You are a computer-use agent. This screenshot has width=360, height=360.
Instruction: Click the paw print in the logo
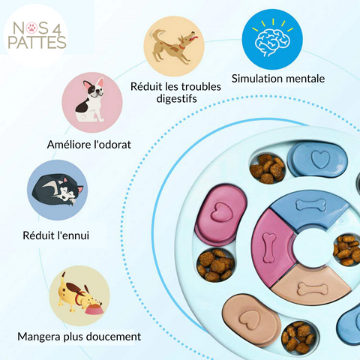click(x=32, y=28)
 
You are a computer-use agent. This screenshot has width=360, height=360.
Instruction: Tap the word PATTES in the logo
click(x=37, y=43)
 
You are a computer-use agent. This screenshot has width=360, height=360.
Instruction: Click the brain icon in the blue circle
click(x=272, y=41)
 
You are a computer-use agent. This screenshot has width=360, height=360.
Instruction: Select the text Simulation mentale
click(x=278, y=79)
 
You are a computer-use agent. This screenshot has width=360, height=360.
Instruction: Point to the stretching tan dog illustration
click(x=175, y=46)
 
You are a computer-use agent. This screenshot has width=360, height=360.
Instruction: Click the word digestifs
click(x=176, y=98)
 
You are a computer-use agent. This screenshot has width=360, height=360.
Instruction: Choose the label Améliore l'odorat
click(x=89, y=145)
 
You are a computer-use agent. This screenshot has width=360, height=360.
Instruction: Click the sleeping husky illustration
click(x=58, y=190)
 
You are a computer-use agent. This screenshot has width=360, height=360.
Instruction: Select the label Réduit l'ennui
click(x=55, y=235)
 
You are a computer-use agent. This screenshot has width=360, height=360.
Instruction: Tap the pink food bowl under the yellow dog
click(x=94, y=310)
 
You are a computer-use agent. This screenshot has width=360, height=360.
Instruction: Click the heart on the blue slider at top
click(x=320, y=159)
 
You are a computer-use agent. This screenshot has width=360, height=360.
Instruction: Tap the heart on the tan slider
click(x=250, y=321)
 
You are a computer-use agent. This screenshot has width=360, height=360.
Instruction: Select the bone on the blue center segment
click(x=311, y=205)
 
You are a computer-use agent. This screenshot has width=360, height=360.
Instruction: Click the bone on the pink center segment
click(x=269, y=247)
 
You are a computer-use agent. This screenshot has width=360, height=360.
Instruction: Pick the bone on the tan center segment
click(x=313, y=289)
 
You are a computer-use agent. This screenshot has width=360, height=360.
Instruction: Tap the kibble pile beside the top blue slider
click(x=267, y=169)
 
